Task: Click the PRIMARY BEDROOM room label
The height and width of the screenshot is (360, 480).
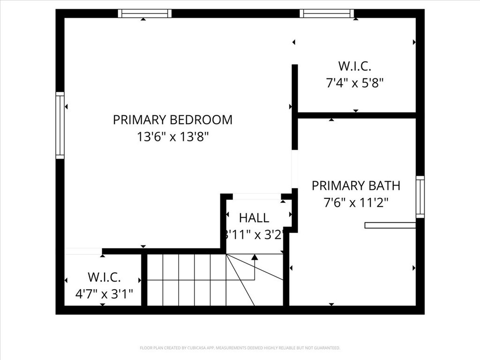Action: (x=172, y=120)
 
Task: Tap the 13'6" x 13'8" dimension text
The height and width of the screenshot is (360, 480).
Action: (x=172, y=137)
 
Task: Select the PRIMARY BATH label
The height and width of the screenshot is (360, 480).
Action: (x=356, y=186)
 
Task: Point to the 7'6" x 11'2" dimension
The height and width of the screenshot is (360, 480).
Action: (x=356, y=202)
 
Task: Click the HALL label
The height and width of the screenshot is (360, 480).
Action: (x=254, y=217)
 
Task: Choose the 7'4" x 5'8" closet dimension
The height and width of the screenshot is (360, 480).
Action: (x=355, y=83)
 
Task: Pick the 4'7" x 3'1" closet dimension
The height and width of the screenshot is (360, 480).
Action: (x=104, y=294)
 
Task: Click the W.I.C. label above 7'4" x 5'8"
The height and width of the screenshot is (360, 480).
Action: (x=355, y=66)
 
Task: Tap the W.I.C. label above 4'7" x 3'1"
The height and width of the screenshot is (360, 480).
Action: (x=104, y=277)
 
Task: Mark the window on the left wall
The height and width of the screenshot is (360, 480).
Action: (x=60, y=125)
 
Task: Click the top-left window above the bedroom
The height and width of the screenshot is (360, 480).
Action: (x=144, y=13)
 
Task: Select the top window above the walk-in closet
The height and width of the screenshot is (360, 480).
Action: (x=327, y=13)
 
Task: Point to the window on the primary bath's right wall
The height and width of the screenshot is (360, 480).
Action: (x=420, y=197)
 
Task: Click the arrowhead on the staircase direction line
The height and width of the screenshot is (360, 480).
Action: (x=255, y=257)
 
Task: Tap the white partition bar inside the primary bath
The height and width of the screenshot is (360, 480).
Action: (x=390, y=225)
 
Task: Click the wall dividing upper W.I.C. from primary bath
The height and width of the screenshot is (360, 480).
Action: (x=356, y=115)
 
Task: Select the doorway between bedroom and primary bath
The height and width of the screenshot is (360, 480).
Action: (x=295, y=169)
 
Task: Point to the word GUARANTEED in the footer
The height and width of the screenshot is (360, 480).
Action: (x=328, y=348)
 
